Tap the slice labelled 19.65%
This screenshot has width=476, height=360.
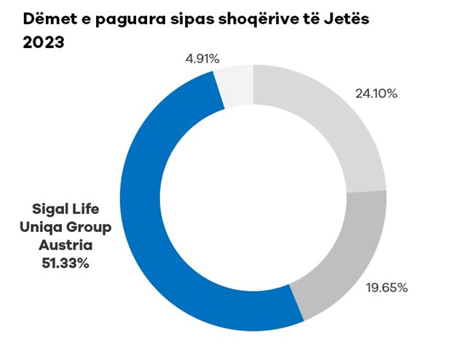click(x=342, y=255)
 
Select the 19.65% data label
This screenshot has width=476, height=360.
click(x=385, y=287)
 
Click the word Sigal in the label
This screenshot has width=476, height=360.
click(x=47, y=210)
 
